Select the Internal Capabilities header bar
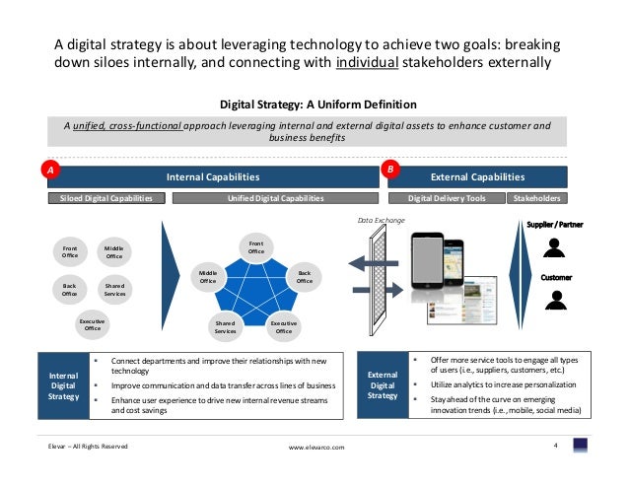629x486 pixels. point(212,177)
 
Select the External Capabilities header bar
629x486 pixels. point(478,177)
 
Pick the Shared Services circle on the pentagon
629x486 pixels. point(225,327)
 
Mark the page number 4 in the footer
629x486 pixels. point(557,446)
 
